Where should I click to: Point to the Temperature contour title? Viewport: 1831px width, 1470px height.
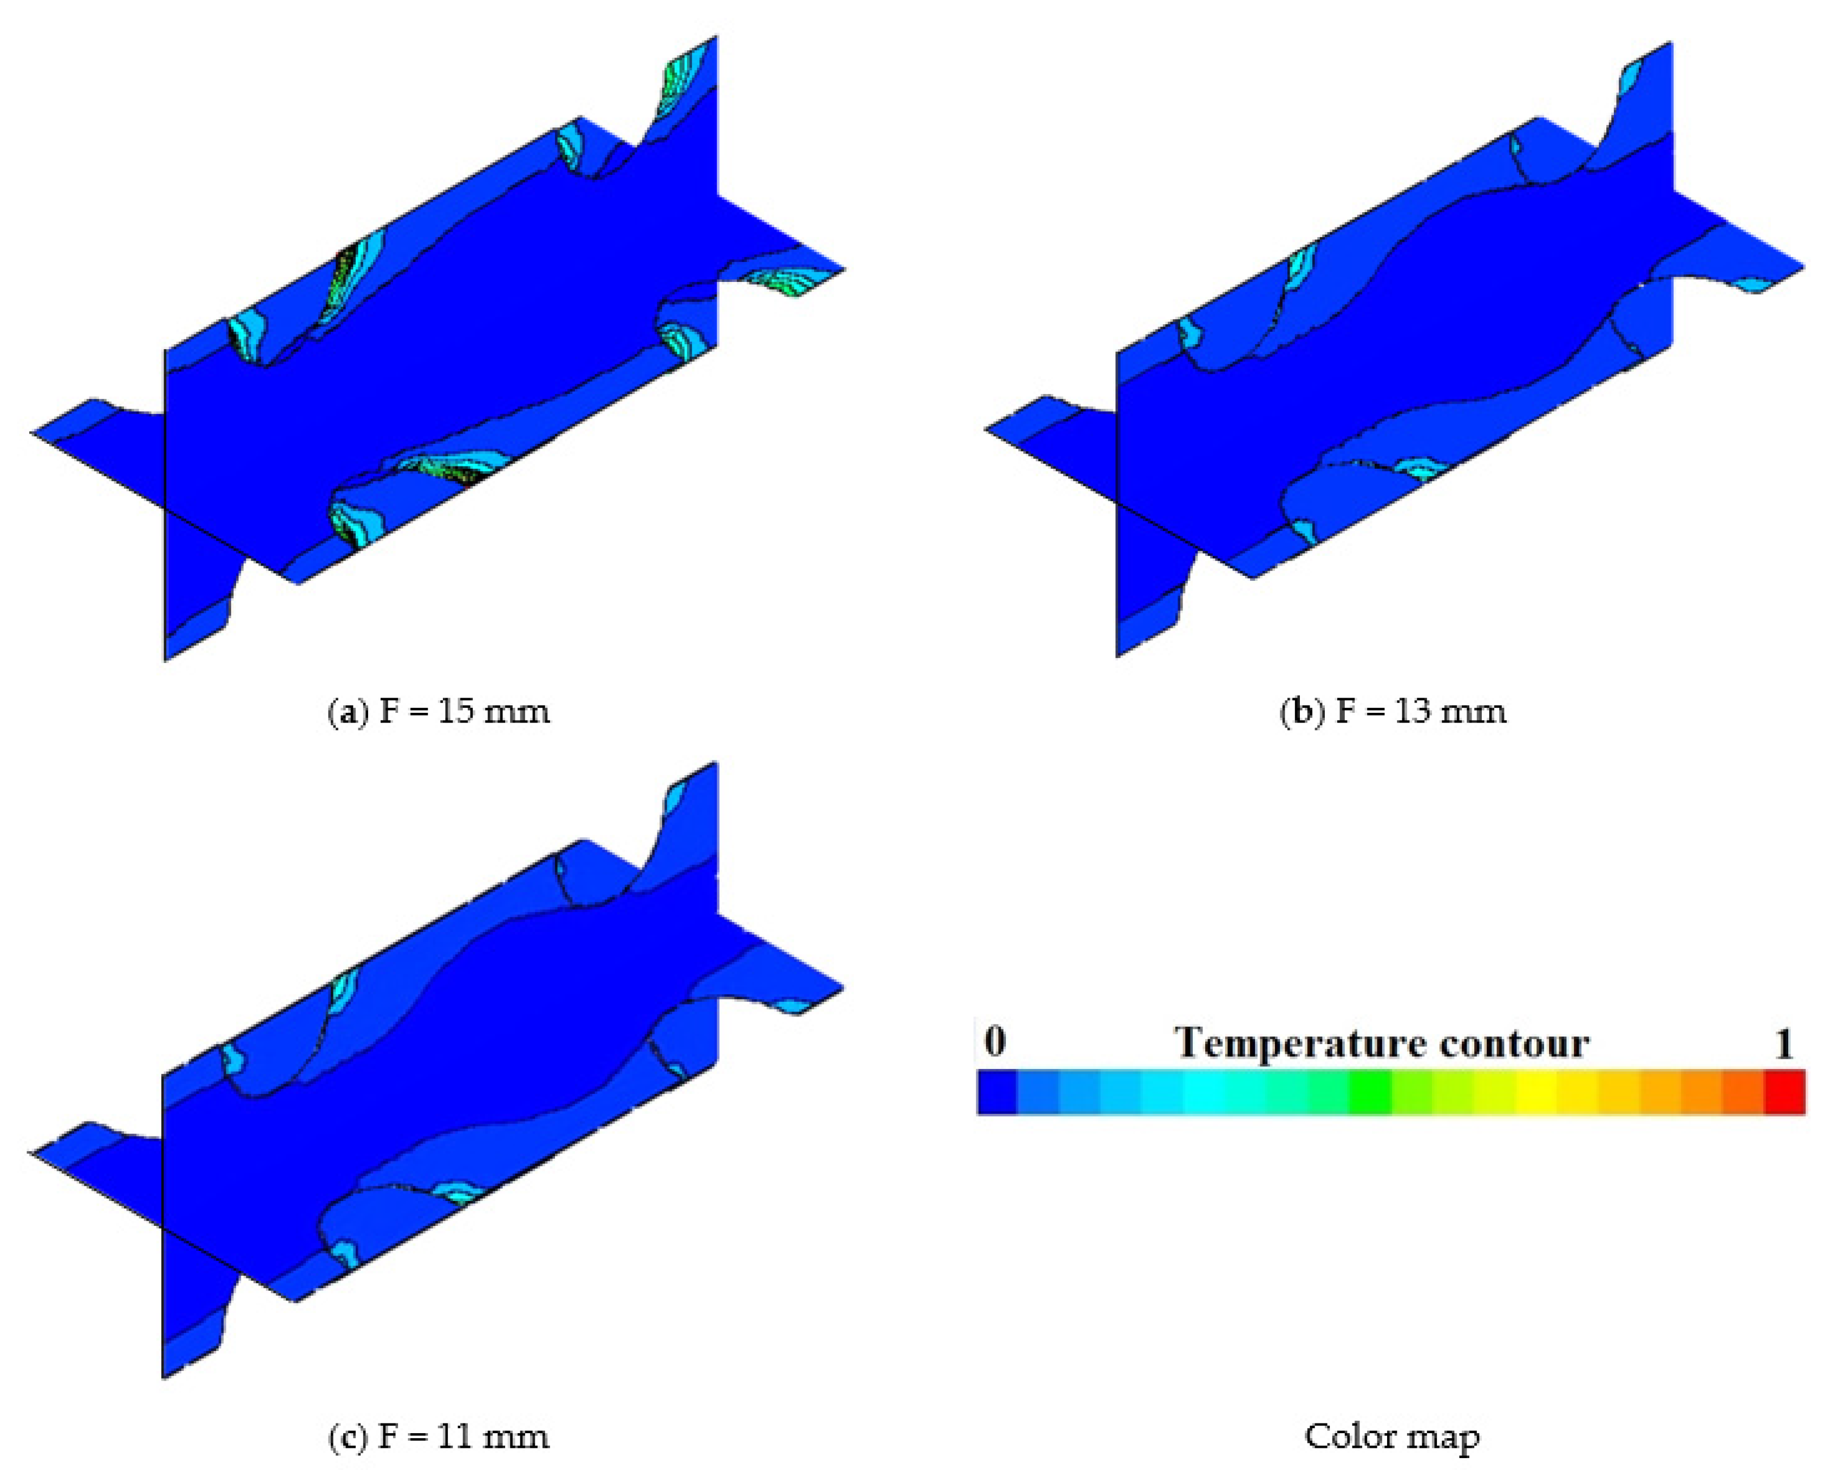(1383, 1043)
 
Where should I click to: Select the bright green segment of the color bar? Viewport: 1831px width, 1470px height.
(1370, 1092)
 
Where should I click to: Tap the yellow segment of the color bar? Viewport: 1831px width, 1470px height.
(1535, 1092)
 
